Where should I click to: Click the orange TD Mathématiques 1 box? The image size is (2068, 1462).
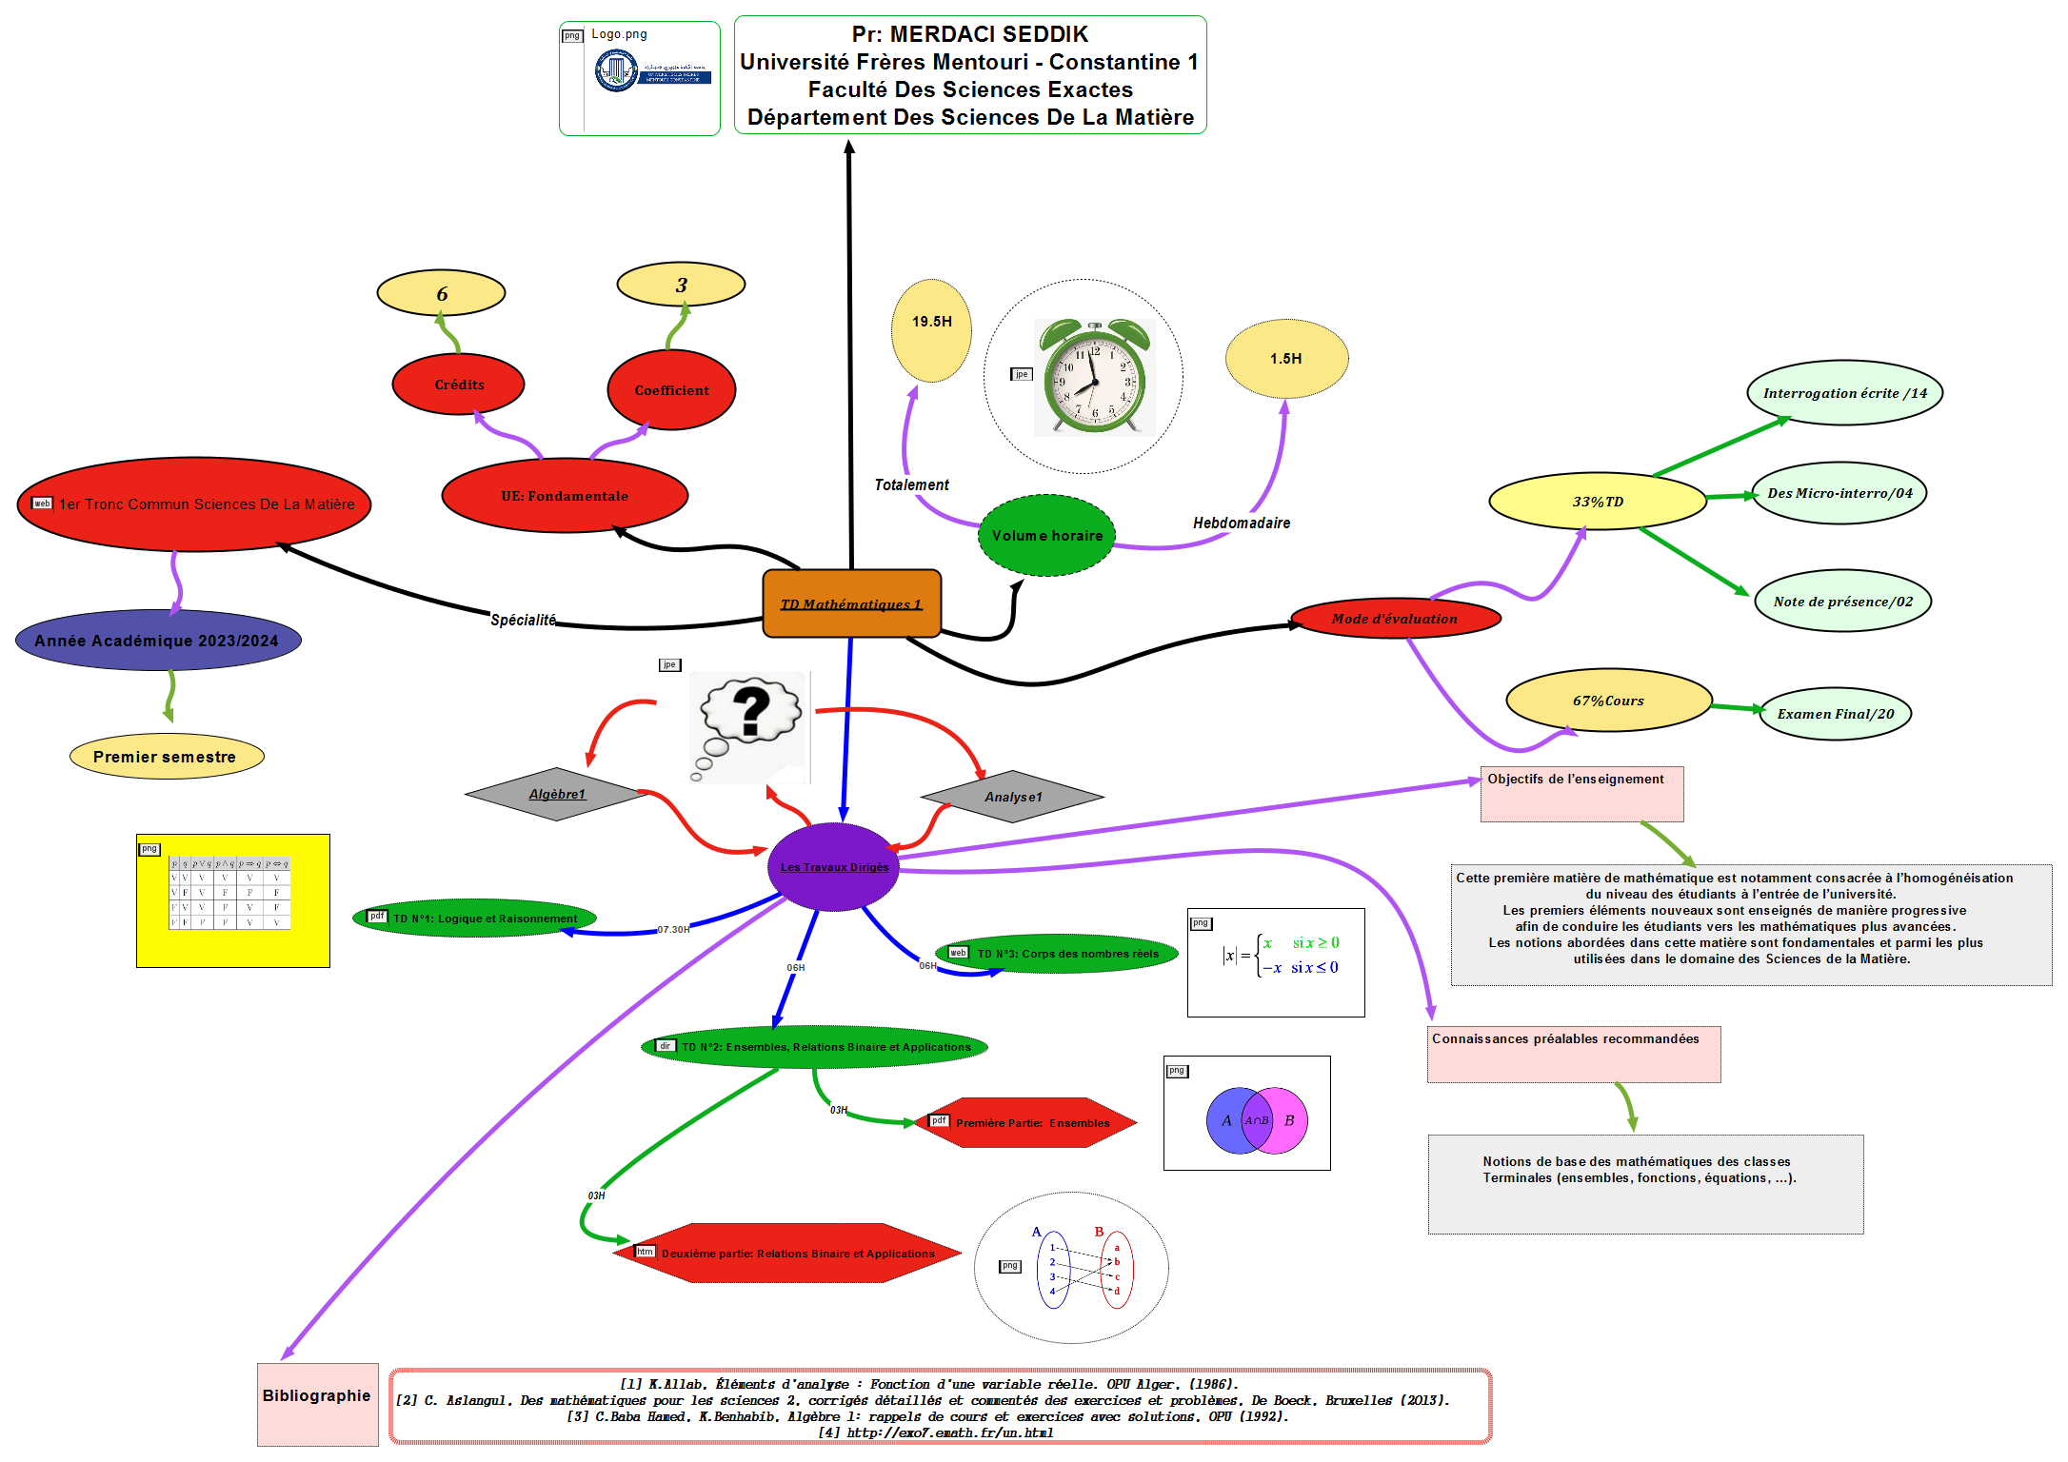(851, 603)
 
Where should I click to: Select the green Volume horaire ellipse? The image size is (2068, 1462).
(1046, 536)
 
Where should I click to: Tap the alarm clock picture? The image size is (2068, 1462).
(1095, 377)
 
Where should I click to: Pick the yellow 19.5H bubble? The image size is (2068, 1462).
(931, 329)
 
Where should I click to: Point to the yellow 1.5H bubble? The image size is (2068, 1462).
(1286, 359)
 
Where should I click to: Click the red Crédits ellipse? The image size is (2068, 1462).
(459, 385)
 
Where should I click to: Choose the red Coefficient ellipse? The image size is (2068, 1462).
(671, 390)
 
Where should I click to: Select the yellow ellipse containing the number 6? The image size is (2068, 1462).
(441, 293)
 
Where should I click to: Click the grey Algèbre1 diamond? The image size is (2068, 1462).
(557, 794)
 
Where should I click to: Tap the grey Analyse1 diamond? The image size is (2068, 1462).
(1013, 797)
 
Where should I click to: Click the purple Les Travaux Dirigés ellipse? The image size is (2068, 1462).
(834, 866)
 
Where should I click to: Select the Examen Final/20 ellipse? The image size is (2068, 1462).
(1835, 714)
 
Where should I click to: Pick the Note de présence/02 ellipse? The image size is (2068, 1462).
(1842, 602)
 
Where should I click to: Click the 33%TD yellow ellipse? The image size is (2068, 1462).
(1598, 502)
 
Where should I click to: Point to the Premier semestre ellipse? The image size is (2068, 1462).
(166, 757)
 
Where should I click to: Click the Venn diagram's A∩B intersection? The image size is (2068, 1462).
(1257, 1120)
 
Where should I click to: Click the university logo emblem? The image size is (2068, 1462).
(616, 70)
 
